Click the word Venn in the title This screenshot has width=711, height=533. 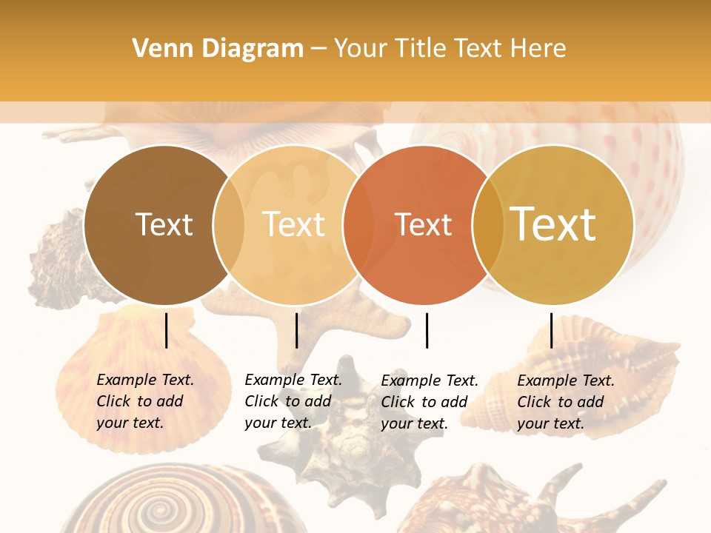click(x=158, y=49)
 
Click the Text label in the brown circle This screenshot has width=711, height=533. click(x=164, y=224)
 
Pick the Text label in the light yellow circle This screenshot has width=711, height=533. click(x=293, y=224)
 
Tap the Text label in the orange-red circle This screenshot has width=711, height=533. click(x=423, y=225)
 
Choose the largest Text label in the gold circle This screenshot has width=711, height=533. click(x=553, y=224)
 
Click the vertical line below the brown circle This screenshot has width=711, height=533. click(x=167, y=330)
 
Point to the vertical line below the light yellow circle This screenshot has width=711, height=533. click(x=296, y=330)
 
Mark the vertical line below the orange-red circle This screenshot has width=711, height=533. click(x=427, y=330)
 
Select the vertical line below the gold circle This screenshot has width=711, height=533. click(x=552, y=330)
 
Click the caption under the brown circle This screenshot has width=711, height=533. click(x=144, y=401)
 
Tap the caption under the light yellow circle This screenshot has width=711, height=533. click(x=293, y=401)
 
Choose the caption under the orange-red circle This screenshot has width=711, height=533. click(x=429, y=402)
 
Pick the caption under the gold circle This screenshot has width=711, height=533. click(x=565, y=402)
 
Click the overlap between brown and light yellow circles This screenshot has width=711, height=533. click(x=229, y=225)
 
